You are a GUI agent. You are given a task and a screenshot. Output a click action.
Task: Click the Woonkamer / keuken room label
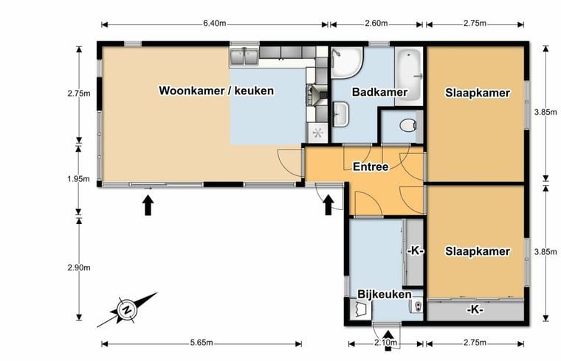(x=216, y=91)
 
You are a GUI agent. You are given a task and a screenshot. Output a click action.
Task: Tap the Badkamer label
(x=379, y=92)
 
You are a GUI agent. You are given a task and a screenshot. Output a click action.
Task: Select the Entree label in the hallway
(x=371, y=167)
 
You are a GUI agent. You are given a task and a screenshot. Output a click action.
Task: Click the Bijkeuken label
(x=385, y=294)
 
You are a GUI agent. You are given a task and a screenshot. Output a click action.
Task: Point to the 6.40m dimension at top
(x=215, y=24)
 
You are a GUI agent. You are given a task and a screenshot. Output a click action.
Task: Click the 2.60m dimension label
(x=376, y=24)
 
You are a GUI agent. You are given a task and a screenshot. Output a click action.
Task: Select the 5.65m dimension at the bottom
(x=202, y=343)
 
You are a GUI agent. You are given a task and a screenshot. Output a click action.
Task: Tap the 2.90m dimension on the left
(x=79, y=267)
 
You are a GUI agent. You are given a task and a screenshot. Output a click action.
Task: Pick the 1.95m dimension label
(x=78, y=179)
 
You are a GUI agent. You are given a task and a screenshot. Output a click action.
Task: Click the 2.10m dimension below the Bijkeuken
(x=385, y=343)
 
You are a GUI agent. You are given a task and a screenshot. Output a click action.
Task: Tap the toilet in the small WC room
(x=408, y=125)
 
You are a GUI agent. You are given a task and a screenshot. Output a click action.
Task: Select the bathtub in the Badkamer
(x=409, y=76)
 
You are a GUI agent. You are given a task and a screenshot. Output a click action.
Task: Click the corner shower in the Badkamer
(x=346, y=62)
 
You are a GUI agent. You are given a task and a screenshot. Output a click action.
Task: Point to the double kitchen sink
(x=244, y=57)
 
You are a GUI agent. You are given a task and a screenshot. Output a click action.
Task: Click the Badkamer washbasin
(x=340, y=113)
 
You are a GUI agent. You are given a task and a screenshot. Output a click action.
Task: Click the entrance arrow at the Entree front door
(x=328, y=205)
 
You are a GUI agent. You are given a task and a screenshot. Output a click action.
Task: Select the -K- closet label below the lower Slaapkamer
(x=475, y=309)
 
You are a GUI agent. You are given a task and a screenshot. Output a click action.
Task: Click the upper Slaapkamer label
(x=478, y=93)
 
